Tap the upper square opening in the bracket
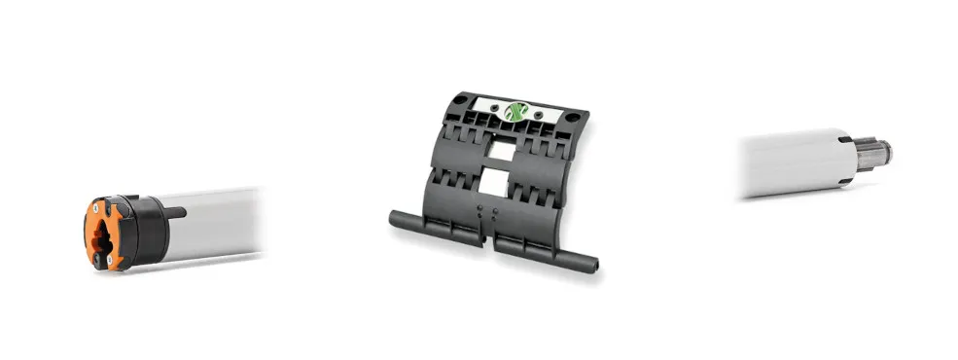(x=499, y=148)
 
